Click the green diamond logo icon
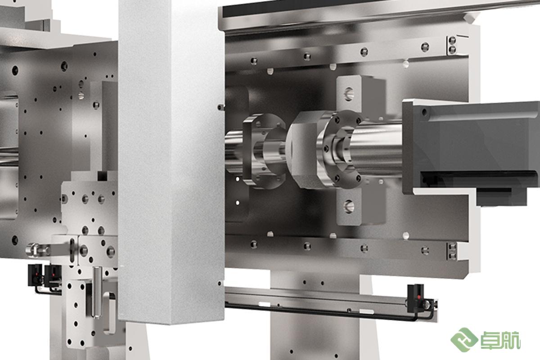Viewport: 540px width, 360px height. coord(464,340)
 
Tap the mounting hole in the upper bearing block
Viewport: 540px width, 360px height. coord(349,94)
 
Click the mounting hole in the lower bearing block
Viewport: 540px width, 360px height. coord(349,207)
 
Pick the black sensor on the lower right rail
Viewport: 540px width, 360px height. coord(415,299)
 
